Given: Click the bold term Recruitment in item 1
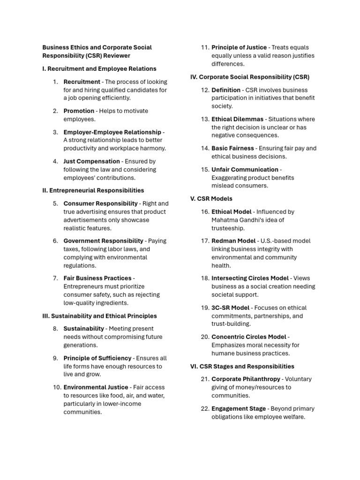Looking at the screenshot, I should click(82, 82).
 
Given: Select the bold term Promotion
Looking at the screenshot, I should click(79, 111).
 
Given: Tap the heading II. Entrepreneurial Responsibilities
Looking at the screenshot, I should click(93, 190).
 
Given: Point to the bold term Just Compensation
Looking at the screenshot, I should click(91, 161).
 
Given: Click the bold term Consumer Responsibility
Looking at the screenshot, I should click(100, 203).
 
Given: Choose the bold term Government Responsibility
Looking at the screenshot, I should click(103, 241).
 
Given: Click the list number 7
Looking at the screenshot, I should click(55, 278).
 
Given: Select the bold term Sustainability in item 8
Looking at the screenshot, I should click(83, 329).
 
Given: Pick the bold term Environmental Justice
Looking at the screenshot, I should click(96, 387).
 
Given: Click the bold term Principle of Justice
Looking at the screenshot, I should click(239, 47).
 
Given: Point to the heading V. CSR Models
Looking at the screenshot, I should click(211, 199).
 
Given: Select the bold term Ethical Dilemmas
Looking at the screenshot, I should click(237, 119).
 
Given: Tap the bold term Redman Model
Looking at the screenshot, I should click(233, 241).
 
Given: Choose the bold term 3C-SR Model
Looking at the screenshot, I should click(230, 307).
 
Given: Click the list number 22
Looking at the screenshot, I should click(204, 408).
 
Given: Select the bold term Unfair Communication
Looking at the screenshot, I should click(245, 170).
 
